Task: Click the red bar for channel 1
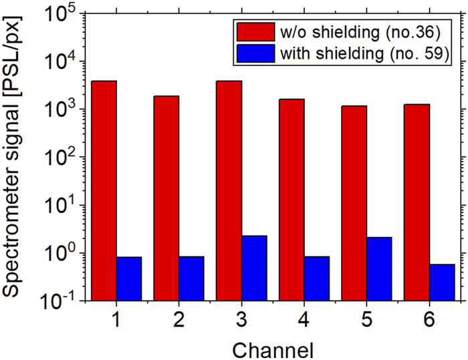coord(104,190)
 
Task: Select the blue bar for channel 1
coord(129,279)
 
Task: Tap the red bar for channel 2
coord(166,198)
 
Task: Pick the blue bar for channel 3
coord(254,268)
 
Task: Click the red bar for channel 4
coord(291,200)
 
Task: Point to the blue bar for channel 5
coord(379,269)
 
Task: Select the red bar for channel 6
coord(417,202)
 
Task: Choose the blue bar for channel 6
coord(442,283)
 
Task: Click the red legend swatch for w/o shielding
coord(256,31)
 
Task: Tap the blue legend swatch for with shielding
coord(256,53)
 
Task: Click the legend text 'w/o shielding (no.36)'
coord(360,32)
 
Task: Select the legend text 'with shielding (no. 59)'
coord(364,53)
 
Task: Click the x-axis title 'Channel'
coord(273,350)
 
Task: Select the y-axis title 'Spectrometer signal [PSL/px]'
coord(11,157)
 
